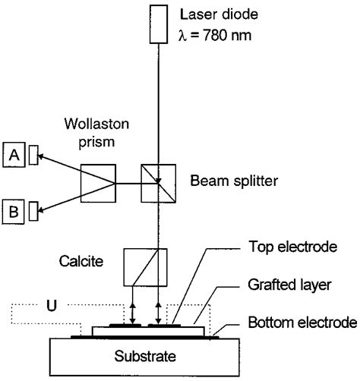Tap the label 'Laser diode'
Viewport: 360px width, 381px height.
click(218, 14)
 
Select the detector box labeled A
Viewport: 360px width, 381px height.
click(14, 156)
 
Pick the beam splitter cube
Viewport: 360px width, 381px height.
click(158, 184)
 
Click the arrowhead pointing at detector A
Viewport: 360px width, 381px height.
click(41, 156)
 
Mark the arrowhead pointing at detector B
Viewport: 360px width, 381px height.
click(41, 210)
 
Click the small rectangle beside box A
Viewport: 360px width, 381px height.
click(33, 157)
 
